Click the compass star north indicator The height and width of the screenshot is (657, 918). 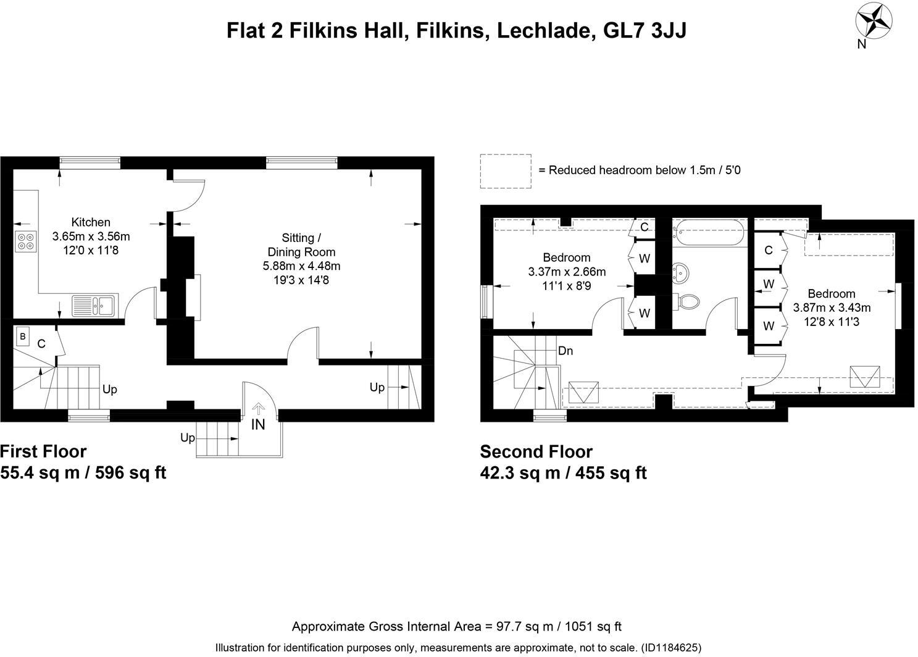(874, 21)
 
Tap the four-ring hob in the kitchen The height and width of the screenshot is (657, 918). (26, 240)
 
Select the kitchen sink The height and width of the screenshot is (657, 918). (93, 305)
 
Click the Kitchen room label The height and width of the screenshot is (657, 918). (91, 222)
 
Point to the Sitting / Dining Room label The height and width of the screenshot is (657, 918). (301, 245)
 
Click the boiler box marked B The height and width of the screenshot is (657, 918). (23, 337)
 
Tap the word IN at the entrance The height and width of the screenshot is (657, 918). (258, 424)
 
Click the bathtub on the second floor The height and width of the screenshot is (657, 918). (709, 232)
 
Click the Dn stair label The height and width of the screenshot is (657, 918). (565, 351)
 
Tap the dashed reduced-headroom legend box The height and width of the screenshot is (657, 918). (506, 171)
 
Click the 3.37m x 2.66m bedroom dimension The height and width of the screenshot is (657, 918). (567, 272)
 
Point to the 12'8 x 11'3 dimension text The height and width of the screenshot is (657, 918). (832, 321)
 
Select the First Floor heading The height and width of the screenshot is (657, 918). (43, 451)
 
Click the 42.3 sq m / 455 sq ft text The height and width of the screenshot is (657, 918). (563, 473)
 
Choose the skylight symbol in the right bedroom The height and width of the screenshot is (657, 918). (865, 376)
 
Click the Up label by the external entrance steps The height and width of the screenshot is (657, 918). (188, 437)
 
